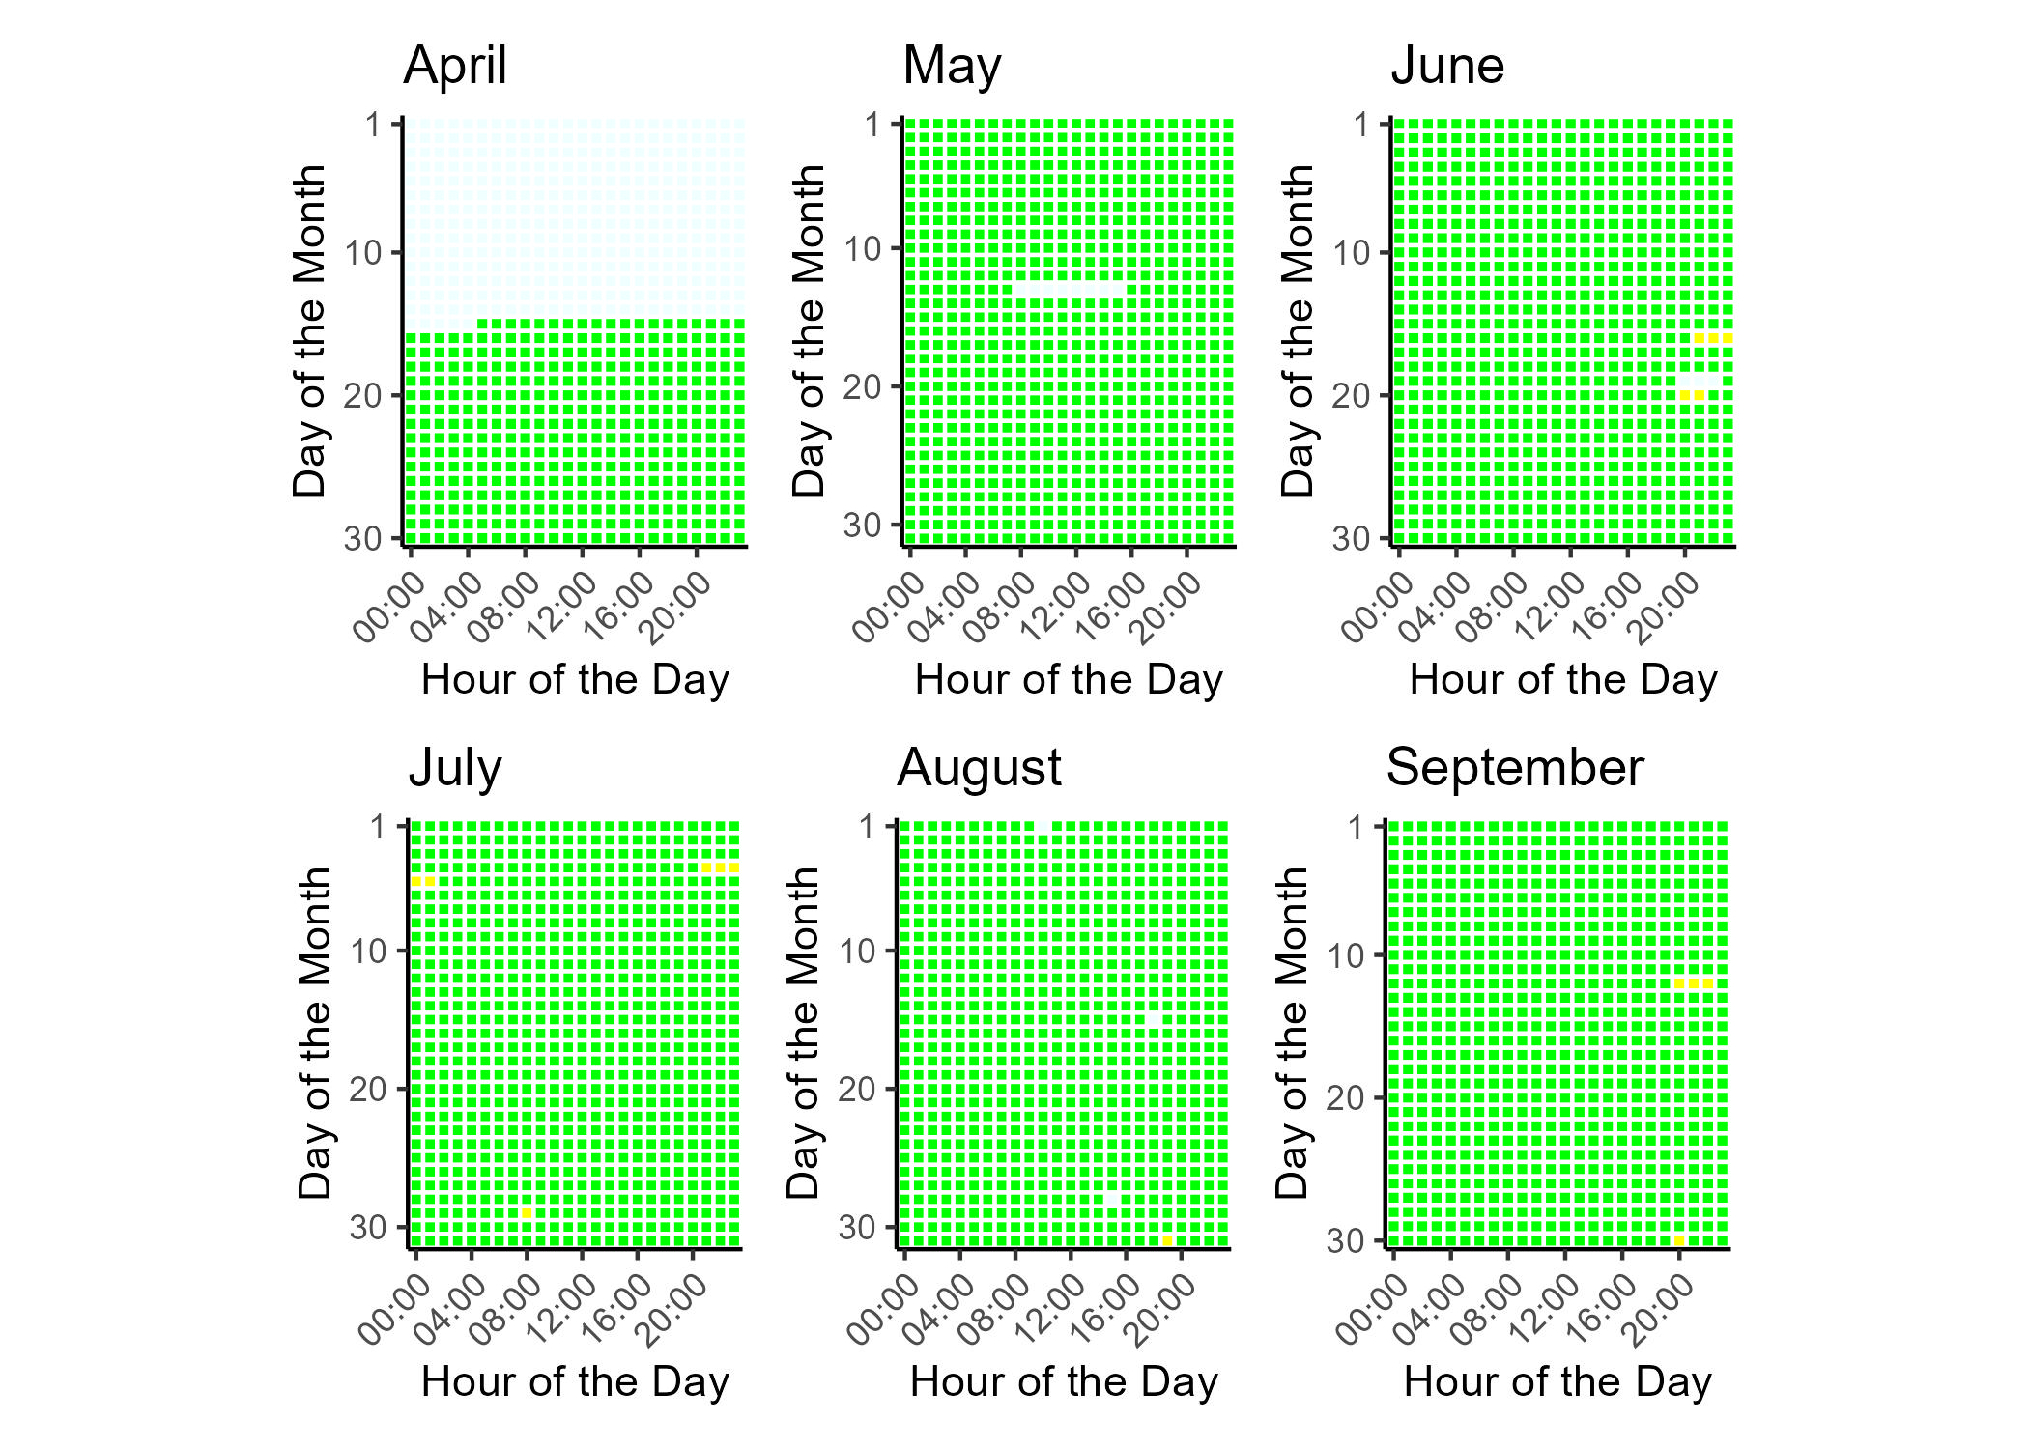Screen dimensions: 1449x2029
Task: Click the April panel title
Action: click(x=455, y=67)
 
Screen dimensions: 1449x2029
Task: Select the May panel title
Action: click(x=952, y=67)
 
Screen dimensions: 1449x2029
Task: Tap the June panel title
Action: click(x=1447, y=67)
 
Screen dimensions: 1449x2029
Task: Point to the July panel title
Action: click(x=455, y=769)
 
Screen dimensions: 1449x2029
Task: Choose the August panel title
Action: click(x=979, y=769)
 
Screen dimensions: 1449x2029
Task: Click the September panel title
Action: click(x=1514, y=769)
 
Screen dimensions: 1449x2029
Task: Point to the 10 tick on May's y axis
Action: click(x=866, y=249)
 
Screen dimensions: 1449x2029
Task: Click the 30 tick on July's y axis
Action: click(x=368, y=1228)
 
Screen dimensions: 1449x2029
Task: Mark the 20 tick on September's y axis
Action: click(x=1345, y=1098)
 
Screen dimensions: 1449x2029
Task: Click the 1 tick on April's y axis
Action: click(x=374, y=125)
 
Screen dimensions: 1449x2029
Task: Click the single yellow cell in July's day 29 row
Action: click(x=527, y=1213)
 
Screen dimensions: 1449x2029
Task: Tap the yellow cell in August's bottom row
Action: click(x=1167, y=1240)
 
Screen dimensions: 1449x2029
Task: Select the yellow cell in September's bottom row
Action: click(x=1679, y=1240)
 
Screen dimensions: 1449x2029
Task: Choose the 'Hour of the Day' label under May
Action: click(x=1069, y=680)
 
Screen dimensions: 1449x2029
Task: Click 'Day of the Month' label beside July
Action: click(x=315, y=1033)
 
